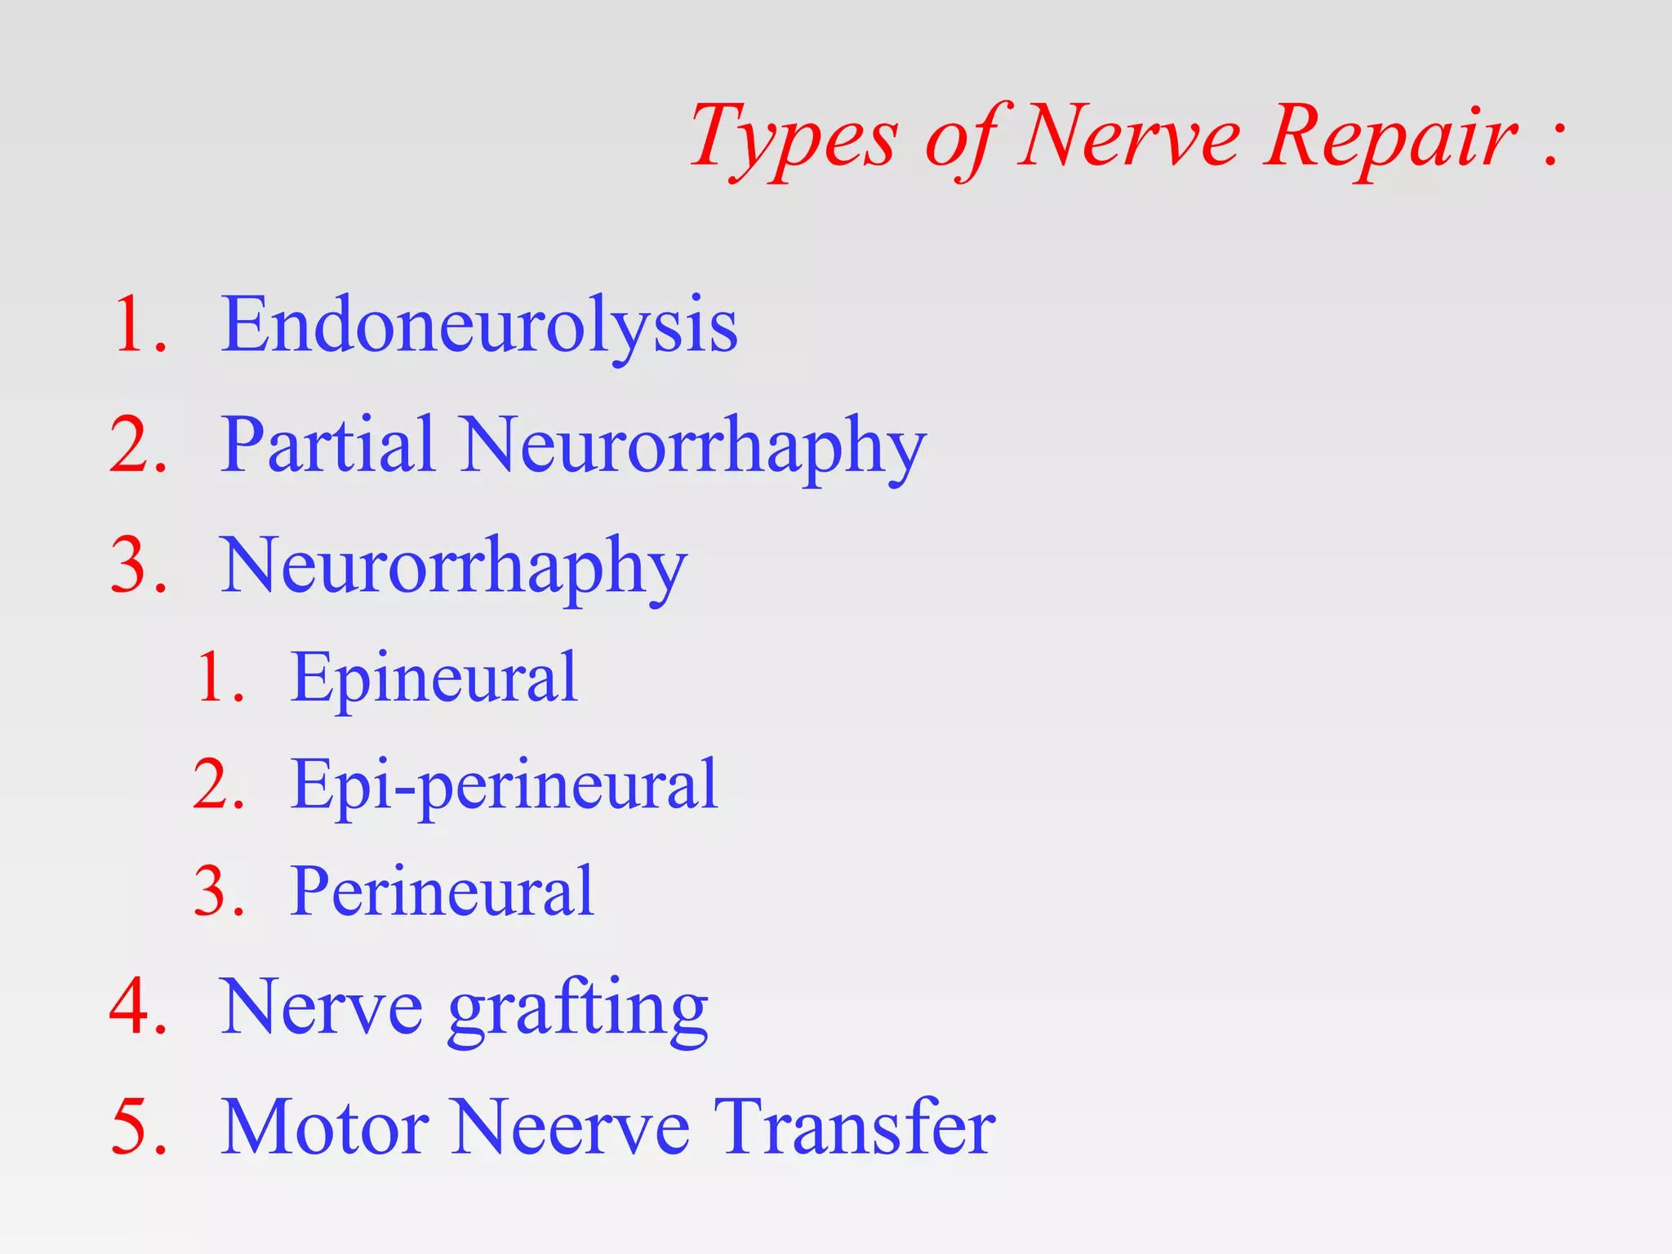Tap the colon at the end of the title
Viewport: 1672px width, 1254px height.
1553,139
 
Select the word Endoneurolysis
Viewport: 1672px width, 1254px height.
479,326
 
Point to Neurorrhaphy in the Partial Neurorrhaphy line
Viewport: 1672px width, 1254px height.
693,447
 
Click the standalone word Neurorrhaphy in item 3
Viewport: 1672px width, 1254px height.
453,567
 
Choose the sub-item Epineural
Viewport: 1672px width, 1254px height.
434,678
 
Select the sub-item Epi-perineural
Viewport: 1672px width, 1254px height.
504,785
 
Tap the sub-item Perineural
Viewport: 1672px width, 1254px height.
442,892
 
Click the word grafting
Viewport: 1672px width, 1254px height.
577,1010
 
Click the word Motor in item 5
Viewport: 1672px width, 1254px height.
325,1127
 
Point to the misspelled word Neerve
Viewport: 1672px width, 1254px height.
571,1127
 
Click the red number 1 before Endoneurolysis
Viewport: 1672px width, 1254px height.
134,326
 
